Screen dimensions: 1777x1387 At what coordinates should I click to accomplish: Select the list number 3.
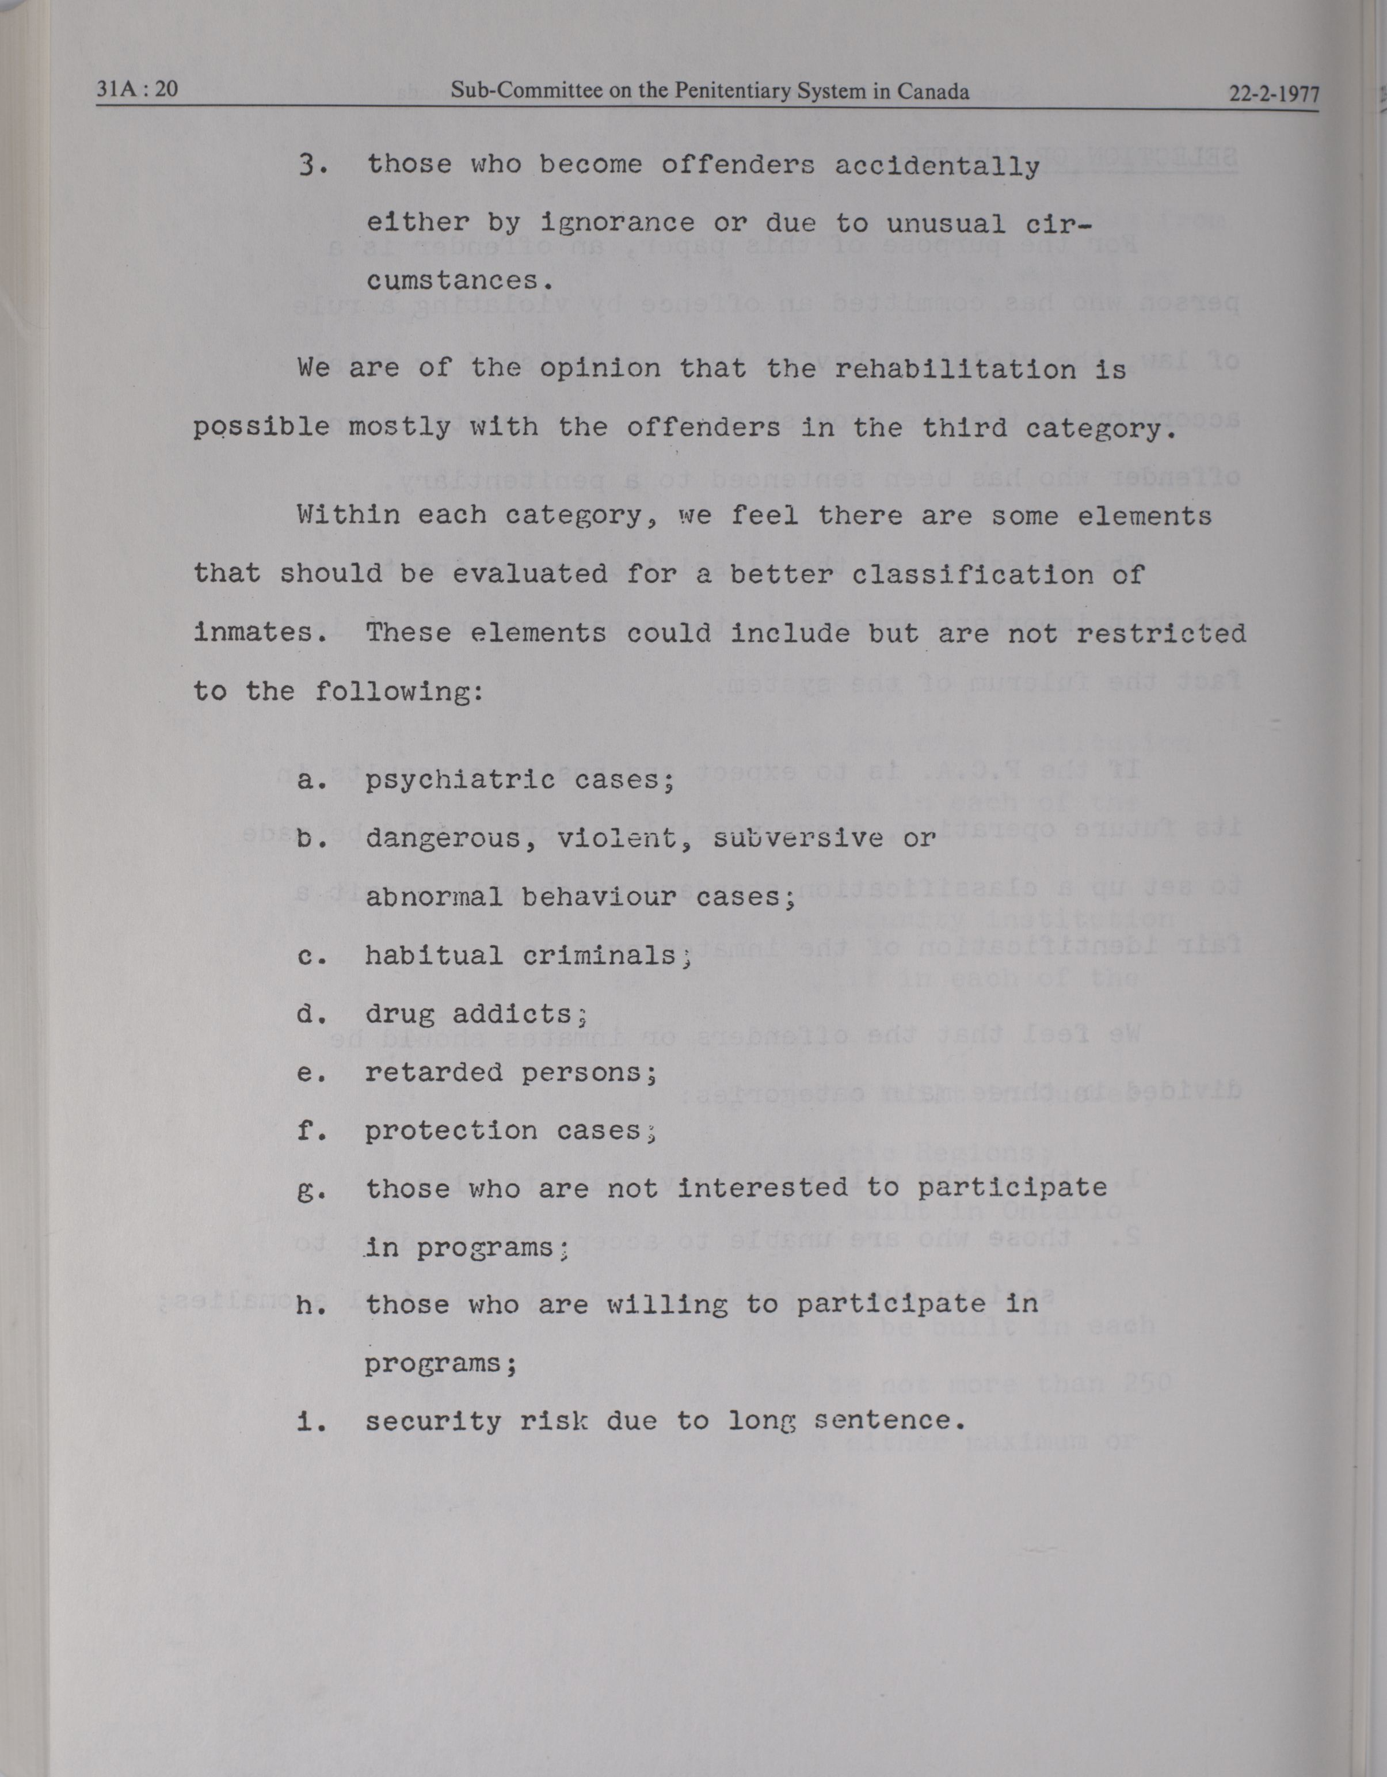310,165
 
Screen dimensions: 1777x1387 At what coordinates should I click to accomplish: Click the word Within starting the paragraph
348,515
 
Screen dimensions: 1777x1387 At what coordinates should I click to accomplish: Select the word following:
399,691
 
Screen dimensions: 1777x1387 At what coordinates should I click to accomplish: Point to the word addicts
519,1014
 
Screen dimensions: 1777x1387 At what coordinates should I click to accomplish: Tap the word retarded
433,1072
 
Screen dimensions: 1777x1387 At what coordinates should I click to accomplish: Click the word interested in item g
763,1189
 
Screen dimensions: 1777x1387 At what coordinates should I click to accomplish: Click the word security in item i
433,1421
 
